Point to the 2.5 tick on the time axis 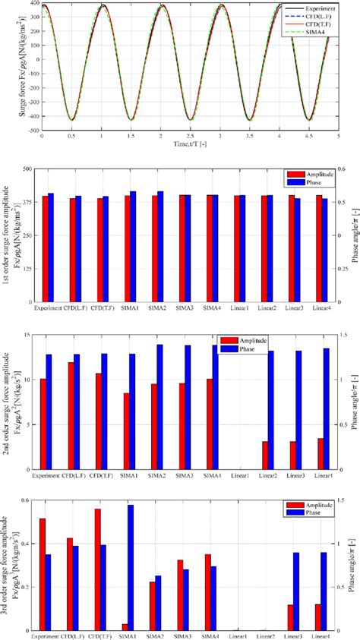click(191, 134)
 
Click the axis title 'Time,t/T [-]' click(191, 143)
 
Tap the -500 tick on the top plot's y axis click(33, 130)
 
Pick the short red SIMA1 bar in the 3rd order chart click(124, 627)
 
